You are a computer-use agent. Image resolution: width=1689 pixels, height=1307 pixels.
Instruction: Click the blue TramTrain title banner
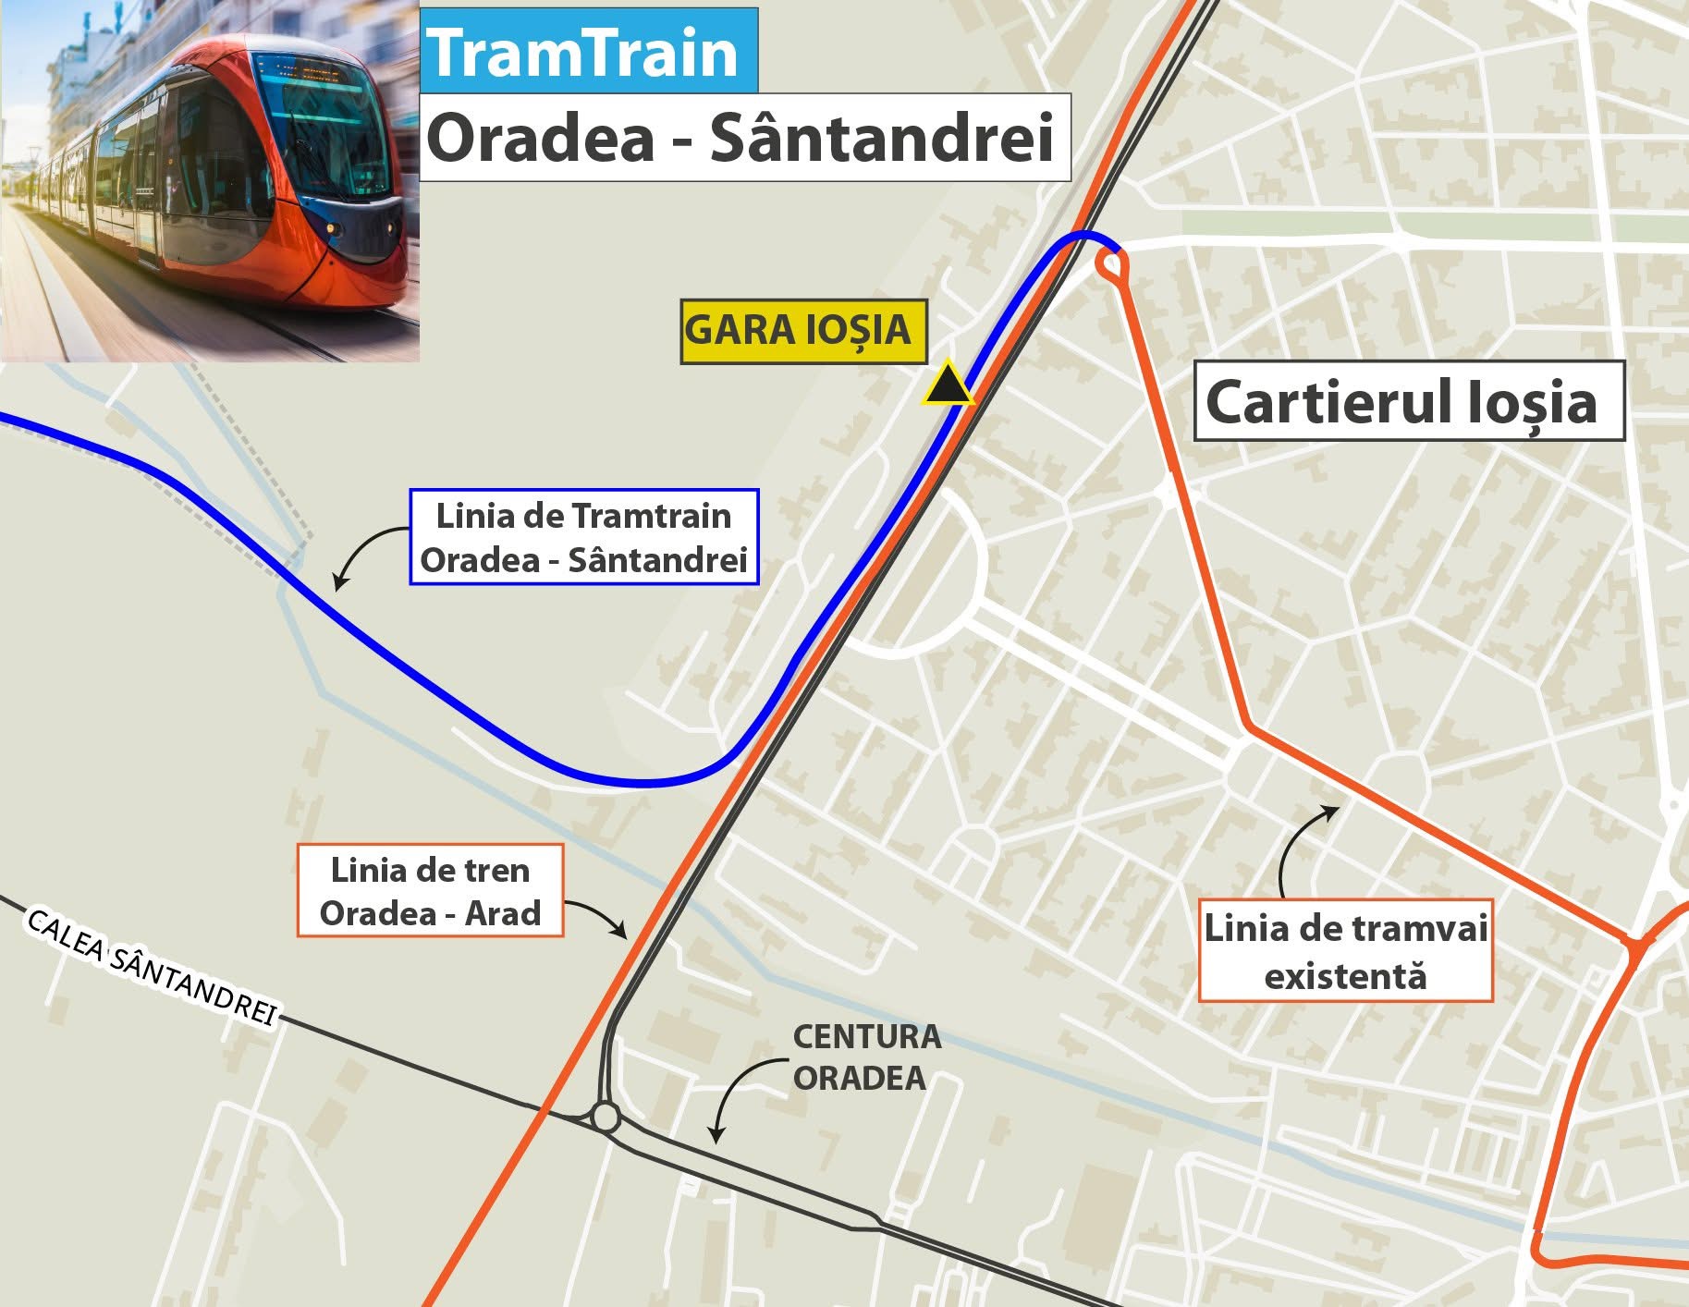coord(590,52)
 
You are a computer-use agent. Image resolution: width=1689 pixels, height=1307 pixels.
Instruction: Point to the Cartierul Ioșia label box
coord(1408,401)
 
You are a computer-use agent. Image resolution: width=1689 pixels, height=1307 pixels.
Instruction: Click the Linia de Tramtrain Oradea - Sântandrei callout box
coord(584,537)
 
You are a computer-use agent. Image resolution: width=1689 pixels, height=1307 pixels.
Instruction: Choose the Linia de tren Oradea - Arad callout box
coord(430,891)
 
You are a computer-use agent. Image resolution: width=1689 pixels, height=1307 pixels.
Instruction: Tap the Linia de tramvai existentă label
coord(1345,951)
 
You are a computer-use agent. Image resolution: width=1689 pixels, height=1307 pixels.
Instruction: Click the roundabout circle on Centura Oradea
coord(606,1117)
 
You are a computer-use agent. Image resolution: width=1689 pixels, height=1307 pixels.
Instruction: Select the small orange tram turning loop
coord(1112,266)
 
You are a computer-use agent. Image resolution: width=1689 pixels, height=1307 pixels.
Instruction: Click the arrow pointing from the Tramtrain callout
coord(361,555)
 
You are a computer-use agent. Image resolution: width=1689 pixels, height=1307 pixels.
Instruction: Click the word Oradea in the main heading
coord(540,139)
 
